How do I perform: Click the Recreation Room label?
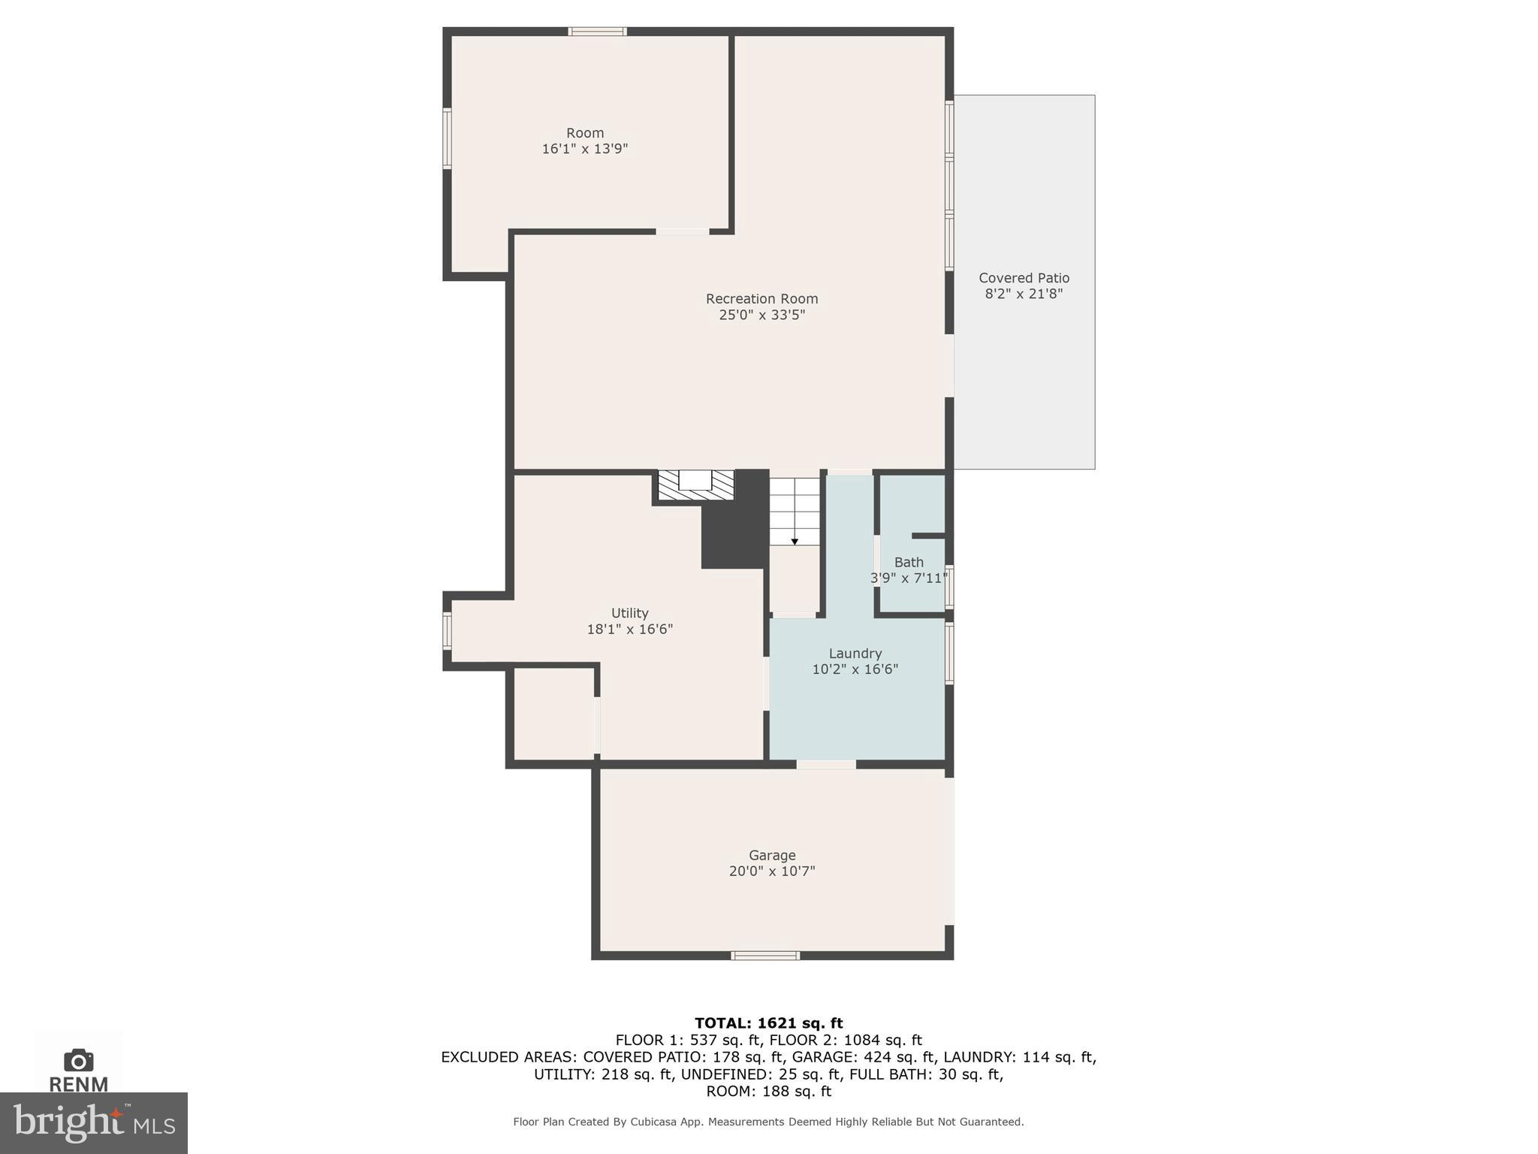coord(761,298)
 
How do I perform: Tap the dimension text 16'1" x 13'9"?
coord(584,149)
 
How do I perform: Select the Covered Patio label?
coord(1024,278)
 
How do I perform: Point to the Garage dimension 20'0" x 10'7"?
coord(771,872)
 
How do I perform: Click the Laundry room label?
coord(855,654)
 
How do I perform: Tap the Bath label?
coord(909,562)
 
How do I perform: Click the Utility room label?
coord(629,613)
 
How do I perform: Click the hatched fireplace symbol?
coord(695,485)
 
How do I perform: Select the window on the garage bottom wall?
coord(765,956)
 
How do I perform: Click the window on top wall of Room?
coord(597,32)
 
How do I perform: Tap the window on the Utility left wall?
coord(447,631)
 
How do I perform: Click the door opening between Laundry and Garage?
coord(826,765)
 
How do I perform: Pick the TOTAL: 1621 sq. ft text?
coord(768,1023)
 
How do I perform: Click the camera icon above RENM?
coord(79,1060)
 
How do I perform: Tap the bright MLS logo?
coord(94,1123)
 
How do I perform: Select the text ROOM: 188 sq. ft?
coord(768,1091)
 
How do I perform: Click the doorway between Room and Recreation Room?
coord(682,231)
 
